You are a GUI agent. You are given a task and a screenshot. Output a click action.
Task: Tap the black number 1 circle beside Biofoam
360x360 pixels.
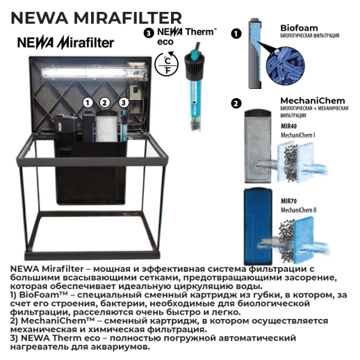pos(236,33)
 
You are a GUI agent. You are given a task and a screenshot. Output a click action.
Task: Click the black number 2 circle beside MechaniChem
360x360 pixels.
pos(236,104)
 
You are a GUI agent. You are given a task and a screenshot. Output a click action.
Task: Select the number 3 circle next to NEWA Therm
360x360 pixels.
pos(147,33)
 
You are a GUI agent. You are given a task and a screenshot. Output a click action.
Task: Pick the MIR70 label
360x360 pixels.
pos(290,200)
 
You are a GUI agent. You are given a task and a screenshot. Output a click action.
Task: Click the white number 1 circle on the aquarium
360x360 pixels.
pos(88,102)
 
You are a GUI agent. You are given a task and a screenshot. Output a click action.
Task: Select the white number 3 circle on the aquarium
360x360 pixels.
pos(123,102)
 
